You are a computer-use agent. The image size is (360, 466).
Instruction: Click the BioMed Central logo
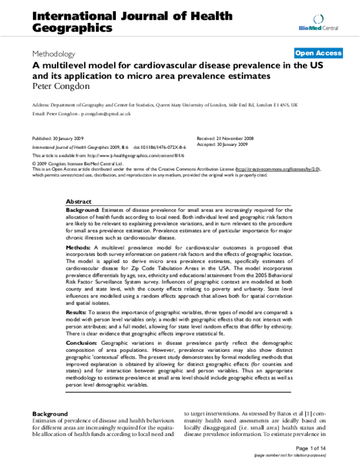(x=327, y=23)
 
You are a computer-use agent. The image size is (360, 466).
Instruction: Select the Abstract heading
(x=78, y=202)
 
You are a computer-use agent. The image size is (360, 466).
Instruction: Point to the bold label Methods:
(x=78, y=246)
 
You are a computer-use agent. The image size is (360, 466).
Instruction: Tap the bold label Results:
(x=77, y=312)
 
